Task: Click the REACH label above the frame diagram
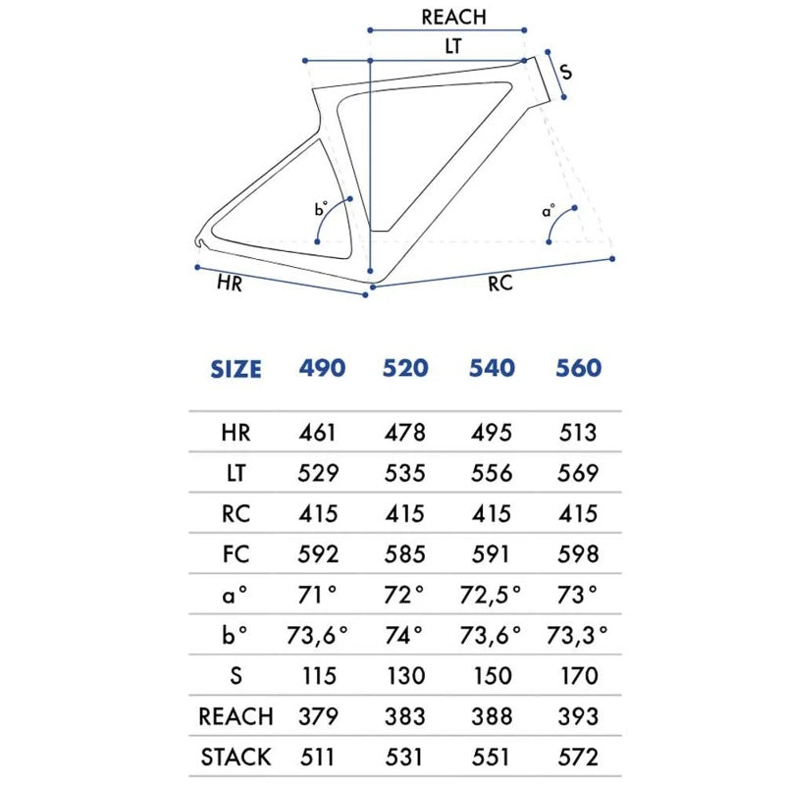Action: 453,17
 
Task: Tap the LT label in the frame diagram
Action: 453,46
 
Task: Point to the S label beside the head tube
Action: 566,72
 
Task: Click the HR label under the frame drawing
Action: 230,284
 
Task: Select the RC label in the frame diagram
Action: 500,284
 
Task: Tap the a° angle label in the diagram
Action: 549,211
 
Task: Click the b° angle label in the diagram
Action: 321,208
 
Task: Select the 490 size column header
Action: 322,368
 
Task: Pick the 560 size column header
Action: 579,368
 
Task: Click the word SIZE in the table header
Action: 235,370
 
